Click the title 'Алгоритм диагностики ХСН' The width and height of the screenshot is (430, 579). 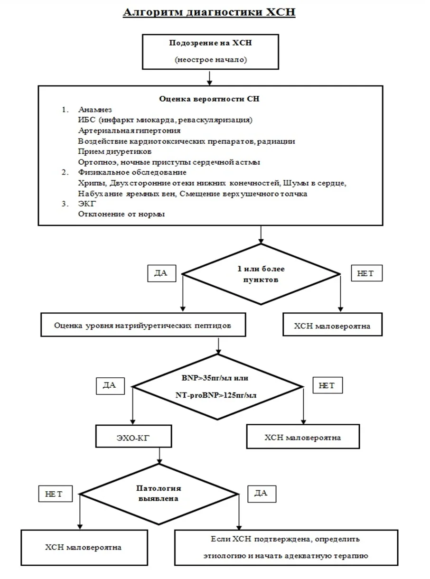pyautogui.click(x=209, y=12)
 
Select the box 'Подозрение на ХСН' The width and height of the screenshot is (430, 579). pyautogui.click(x=210, y=52)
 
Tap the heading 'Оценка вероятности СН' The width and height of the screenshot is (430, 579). pyautogui.click(x=209, y=99)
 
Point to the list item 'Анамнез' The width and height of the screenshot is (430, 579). pyautogui.click(x=95, y=110)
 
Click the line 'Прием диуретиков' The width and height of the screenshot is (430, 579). pyautogui.click(x=114, y=151)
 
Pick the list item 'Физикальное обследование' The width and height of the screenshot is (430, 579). pyautogui.click(x=132, y=172)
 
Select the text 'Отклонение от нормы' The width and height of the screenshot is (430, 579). pyautogui.click(x=122, y=214)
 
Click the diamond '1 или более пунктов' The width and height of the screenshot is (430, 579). pyautogui.click(x=261, y=274)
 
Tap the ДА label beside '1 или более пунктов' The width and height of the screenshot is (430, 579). pyautogui.click(x=162, y=273)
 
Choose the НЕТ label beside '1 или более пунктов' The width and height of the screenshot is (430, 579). pyautogui.click(x=367, y=273)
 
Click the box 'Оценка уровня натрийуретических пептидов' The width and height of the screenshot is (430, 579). pyautogui.click(x=143, y=325)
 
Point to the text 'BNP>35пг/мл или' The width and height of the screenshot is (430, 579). pyautogui.click(x=215, y=378)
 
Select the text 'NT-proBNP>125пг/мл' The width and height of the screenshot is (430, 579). pyautogui.click(x=216, y=395)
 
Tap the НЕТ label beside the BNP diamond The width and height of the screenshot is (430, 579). pyautogui.click(x=327, y=385)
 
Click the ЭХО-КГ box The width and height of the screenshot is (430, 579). pyautogui.click(x=133, y=437)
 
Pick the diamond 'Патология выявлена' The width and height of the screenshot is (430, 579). pyautogui.click(x=159, y=494)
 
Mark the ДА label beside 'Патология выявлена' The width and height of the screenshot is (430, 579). pyautogui.click(x=262, y=494)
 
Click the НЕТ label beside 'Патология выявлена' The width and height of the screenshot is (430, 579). pyautogui.click(x=56, y=494)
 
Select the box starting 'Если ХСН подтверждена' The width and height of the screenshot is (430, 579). pyautogui.click(x=286, y=548)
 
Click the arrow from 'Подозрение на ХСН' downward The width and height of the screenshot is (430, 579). pyautogui.click(x=209, y=78)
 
